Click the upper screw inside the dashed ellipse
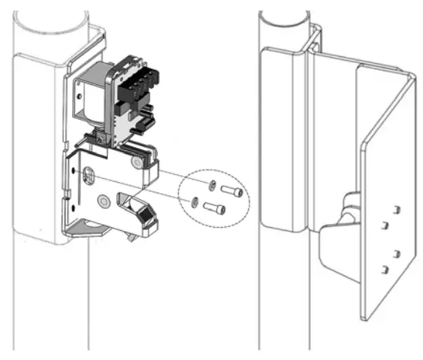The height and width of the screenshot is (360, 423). [232, 192]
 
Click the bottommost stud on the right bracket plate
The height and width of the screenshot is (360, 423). [385, 268]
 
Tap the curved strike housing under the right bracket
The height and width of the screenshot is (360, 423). [331, 256]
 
